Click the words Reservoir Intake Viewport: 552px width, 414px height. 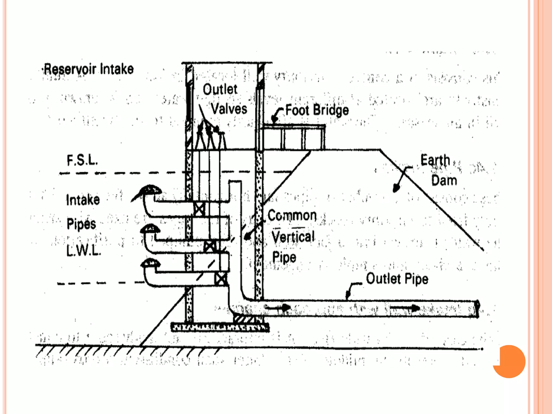point(89,69)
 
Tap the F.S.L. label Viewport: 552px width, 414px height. point(82,160)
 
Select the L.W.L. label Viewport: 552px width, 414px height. point(84,251)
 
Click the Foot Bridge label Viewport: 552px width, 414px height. point(317,110)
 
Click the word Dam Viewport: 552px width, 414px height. point(444,180)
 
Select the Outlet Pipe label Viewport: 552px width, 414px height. point(397,279)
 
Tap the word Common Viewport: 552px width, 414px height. point(292,216)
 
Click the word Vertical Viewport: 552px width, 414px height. point(293,237)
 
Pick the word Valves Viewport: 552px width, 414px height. point(229,109)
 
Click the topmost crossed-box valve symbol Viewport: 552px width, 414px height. point(199,209)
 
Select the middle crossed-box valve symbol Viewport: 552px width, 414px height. point(210,246)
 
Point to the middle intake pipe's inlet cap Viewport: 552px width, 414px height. point(150,229)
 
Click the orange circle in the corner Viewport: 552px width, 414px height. point(509,361)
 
